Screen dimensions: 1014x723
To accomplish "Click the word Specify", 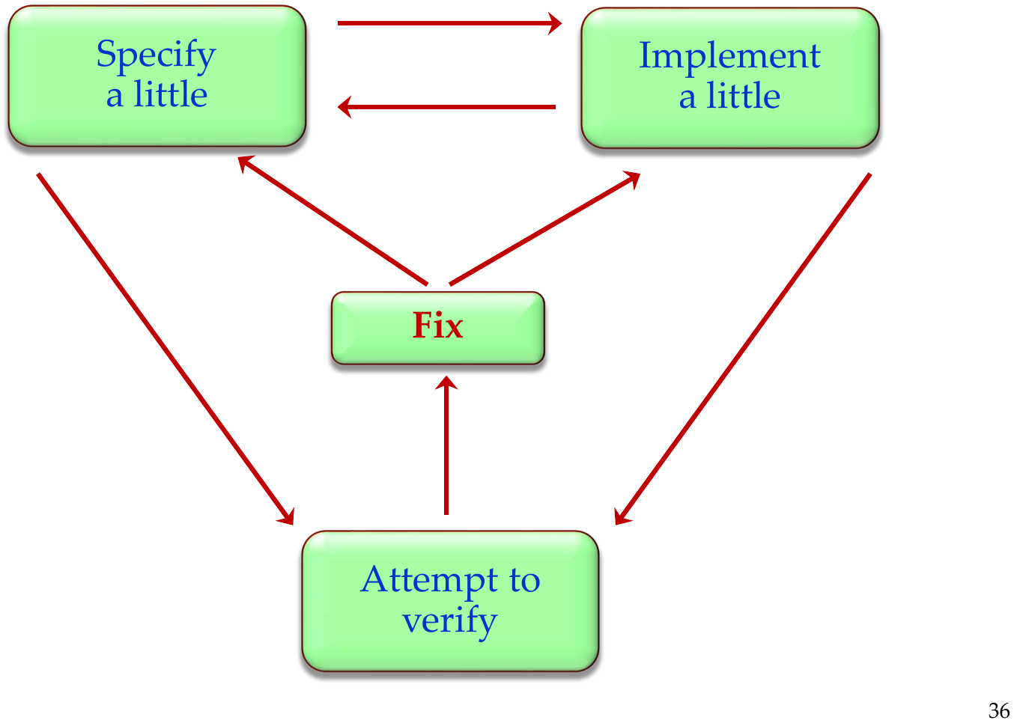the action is pyautogui.click(x=157, y=56).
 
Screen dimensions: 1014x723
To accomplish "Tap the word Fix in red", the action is pyautogui.click(x=438, y=325).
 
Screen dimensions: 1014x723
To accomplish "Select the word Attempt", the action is pyautogui.click(x=429, y=580).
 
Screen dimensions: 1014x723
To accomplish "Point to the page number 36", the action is pyautogui.click(x=998, y=710).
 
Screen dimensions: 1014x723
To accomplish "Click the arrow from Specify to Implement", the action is pyautogui.click(x=449, y=23).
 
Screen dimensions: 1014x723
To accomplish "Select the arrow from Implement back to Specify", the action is pyautogui.click(x=446, y=107).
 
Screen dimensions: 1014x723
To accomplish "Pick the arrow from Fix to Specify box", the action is pyautogui.click(x=333, y=220).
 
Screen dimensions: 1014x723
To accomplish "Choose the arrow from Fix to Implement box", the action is pyautogui.click(x=544, y=228).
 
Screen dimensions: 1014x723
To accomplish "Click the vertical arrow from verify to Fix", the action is pyautogui.click(x=446, y=445).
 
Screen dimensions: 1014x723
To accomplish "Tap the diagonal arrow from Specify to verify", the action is pyautogui.click(x=166, y=349).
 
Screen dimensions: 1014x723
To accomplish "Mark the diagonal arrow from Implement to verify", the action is pyautogui.click(x=742, y=349).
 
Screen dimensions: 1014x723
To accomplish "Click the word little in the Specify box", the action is pyautogui.click(x=171, y=94).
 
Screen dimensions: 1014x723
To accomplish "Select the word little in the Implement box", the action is pyautogui.click(x=744, y=96).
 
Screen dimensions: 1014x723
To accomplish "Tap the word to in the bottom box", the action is pyautogui.click(x=525, y=581).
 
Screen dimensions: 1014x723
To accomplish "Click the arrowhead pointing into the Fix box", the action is pyautogui.click(x=446, y=382).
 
